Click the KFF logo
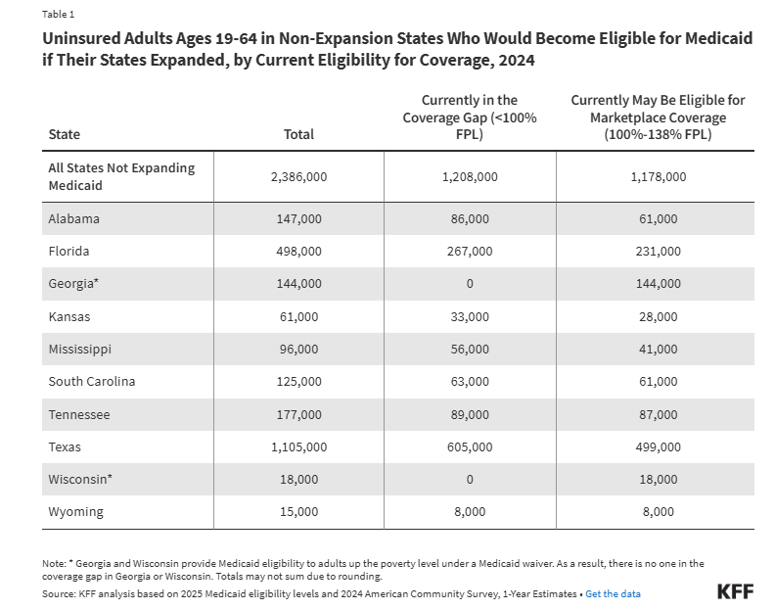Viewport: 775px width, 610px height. coord(736,591)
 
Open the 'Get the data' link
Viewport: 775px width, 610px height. coord(613,593)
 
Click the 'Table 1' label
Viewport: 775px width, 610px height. coord(59,15)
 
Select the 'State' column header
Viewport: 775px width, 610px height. coord(65,134)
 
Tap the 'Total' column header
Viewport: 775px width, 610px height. coord(298,134)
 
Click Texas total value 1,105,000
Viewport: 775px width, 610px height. coord(299,447)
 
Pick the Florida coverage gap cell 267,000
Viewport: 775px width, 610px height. coord(470,252)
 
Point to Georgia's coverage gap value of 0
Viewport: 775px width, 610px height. coord(470,284)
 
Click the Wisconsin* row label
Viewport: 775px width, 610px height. coord(80,480)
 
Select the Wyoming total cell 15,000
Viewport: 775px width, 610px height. coord(299,511)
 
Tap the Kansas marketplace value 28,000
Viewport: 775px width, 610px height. coord(658,316)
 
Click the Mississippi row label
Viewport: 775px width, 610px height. coord(79,350)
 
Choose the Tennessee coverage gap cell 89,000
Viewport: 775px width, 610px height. coord(470,414)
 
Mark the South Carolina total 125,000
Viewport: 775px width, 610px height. coord(299,382)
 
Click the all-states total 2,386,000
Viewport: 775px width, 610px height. coord(299,176)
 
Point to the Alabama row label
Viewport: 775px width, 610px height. coord(73,218)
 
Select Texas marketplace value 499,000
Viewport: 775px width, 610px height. coord(658,447)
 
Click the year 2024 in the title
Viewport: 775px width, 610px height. coord(517,61)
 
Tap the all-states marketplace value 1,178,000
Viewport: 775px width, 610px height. coord(658,176)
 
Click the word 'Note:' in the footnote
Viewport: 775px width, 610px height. coord(54,564)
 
